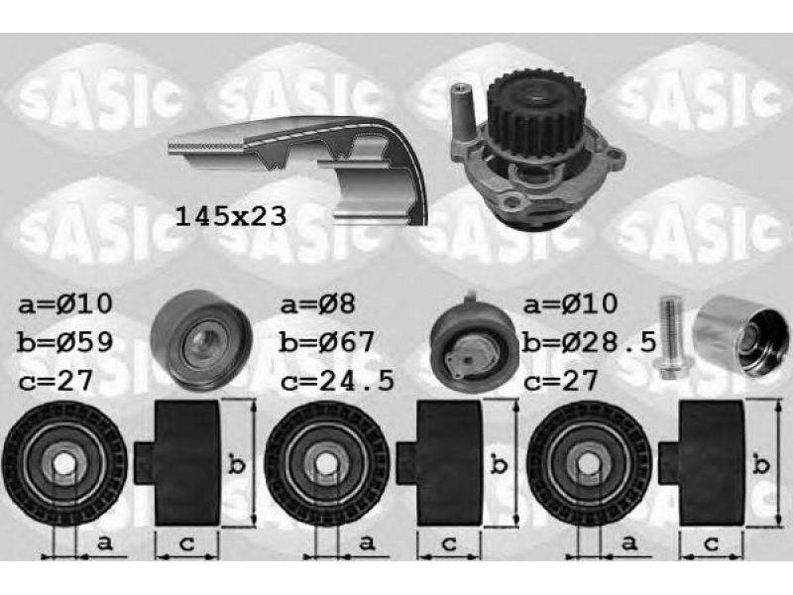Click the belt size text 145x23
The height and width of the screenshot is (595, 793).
(x=231, y=216)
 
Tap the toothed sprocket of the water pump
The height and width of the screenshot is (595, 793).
(x=537, y=116)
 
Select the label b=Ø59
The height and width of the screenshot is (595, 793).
(x=64, y=342)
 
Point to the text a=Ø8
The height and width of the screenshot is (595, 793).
(x=318, y=304)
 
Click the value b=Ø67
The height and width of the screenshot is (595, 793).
(x=327, y=342)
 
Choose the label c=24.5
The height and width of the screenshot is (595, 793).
(x=337, y=381)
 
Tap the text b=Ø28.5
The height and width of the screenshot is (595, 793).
(x=590, y=342)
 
